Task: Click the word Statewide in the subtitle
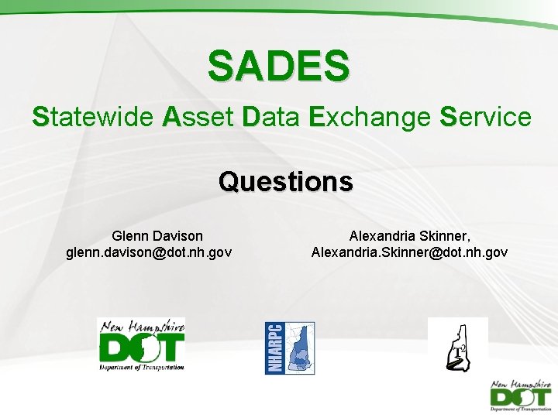pos(92,118)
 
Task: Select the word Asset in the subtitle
pos(197,118)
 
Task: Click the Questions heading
pos(286,182)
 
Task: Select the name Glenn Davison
pos(157,235)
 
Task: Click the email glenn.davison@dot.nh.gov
pos(150,252)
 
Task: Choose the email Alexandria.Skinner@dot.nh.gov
pos(410,252)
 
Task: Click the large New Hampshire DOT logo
pos(141,345)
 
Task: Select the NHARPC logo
pos(290,348)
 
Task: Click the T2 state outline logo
pos(457,346)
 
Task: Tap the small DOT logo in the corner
pos(521,396)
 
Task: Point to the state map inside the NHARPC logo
pos(299,348)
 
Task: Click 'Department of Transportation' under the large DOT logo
pos(142,367)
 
